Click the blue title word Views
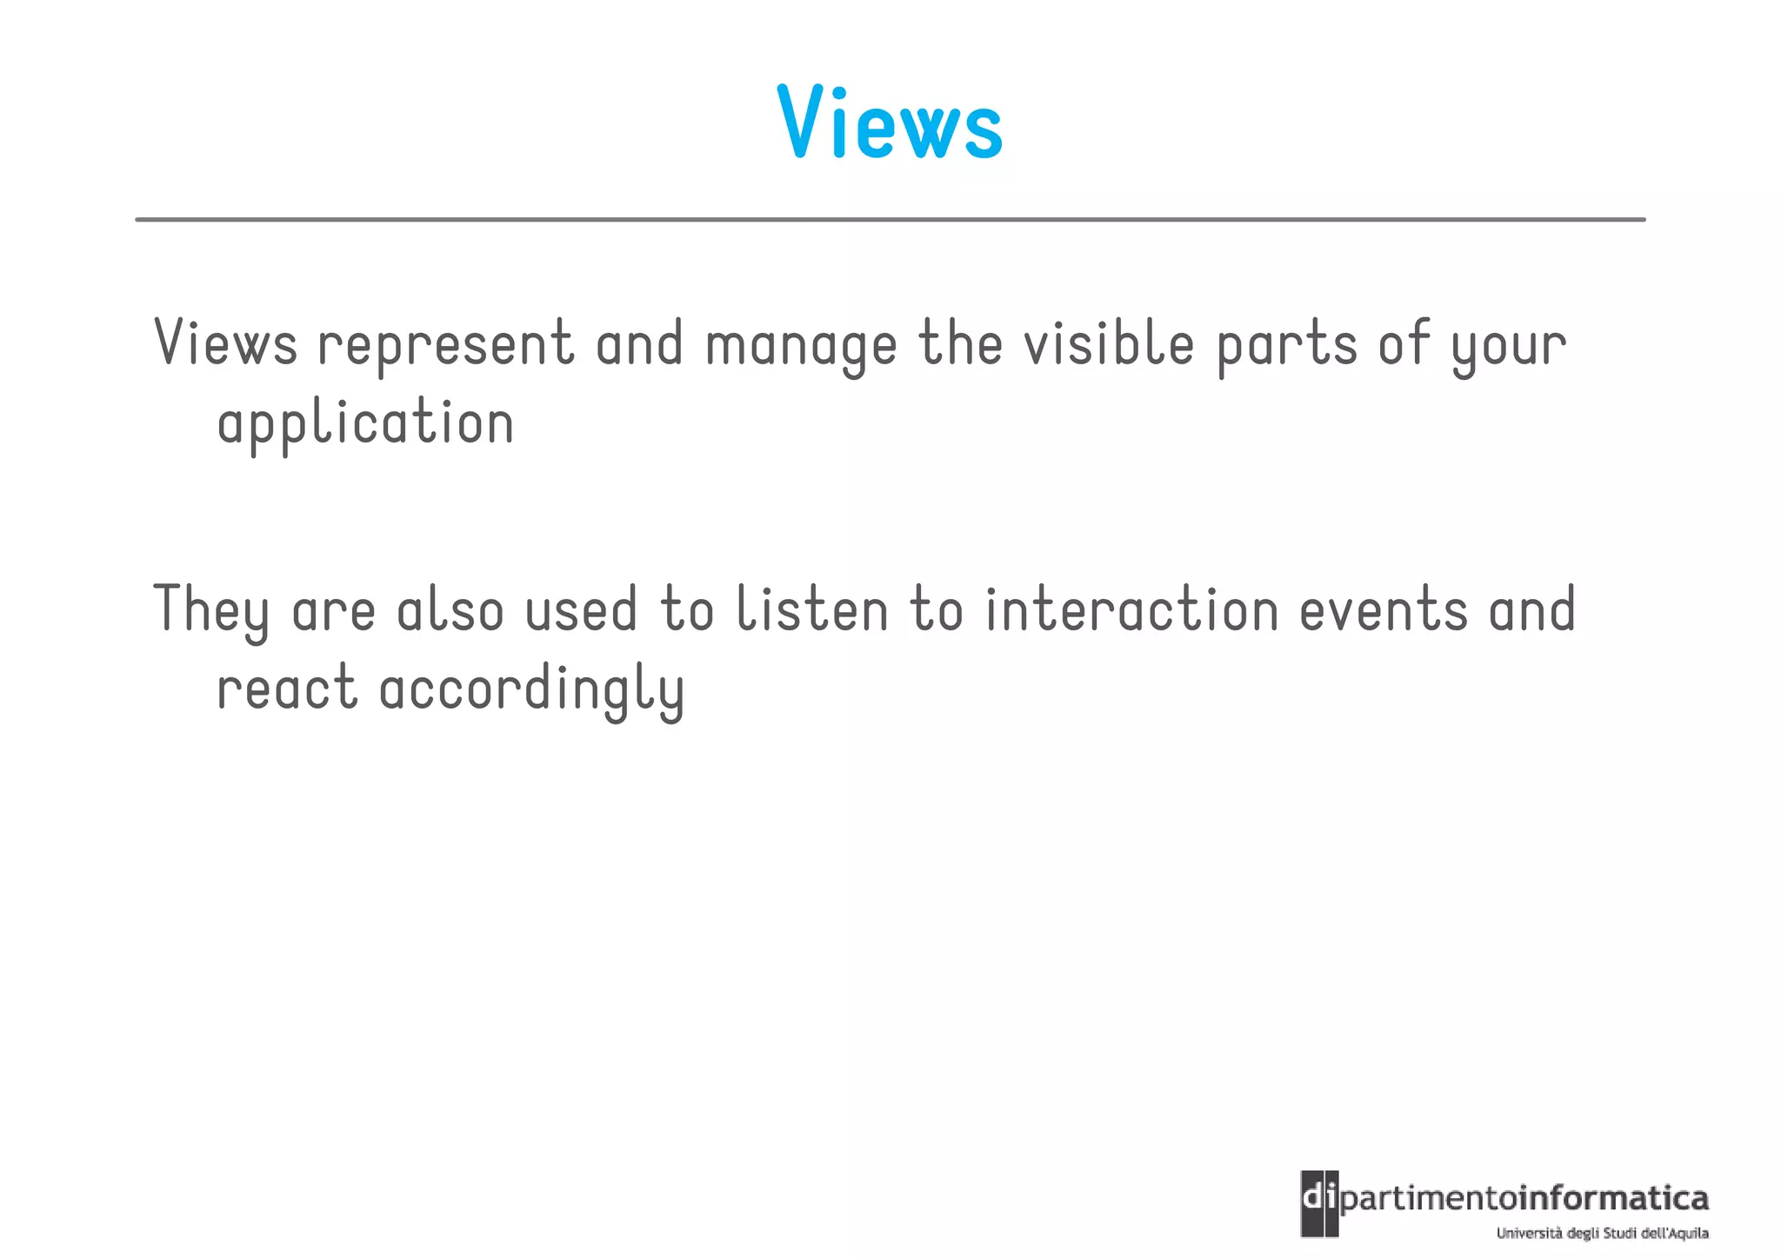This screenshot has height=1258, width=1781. click(890, 123)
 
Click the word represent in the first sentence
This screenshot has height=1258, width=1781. click(445, 345)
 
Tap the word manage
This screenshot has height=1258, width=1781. click(801, 345)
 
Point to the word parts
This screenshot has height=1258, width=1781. click(1287, 345)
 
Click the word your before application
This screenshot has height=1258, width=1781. click(1509, 345)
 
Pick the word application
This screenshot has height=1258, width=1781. click(365, 423)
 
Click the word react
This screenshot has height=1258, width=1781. click(287, 688)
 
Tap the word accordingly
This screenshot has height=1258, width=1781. click(532, 689)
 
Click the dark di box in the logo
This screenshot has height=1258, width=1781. click(1319, 1203)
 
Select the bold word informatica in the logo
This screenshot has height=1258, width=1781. click(1612, 1199)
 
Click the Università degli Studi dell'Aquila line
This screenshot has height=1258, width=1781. click(1602, 1233)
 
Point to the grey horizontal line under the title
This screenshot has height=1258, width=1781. click(890, 220)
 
